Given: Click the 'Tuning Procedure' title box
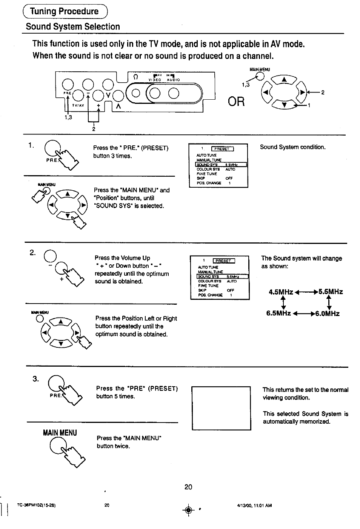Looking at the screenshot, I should [x=65, y=11].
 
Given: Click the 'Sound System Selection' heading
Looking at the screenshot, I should [x=73, y=27].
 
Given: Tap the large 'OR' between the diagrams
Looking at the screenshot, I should [x=236, y=101].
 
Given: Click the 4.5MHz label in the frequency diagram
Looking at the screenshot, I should [x=281, y=292].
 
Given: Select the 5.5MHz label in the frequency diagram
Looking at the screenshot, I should [x=331, y=291].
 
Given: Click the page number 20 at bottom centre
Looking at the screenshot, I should [x=188, y=487].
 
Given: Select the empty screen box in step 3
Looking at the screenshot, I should [x=221, y=408].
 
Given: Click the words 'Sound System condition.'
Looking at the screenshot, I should [x=292, y=147].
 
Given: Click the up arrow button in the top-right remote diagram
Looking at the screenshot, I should [x=284, y=79].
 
